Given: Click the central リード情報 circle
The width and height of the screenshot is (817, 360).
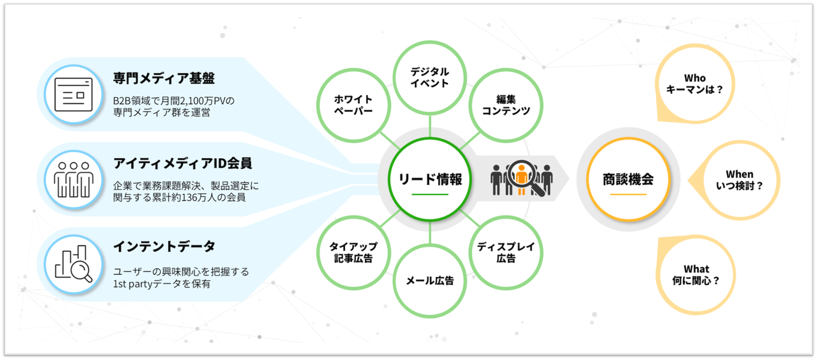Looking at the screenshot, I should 430,179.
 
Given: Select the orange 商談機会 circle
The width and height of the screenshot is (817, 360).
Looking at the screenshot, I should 628,179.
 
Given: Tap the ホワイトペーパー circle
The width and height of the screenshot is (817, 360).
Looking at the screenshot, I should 353,105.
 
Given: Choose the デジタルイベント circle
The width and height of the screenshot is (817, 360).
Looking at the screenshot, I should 429,78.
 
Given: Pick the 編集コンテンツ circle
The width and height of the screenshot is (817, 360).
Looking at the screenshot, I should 506,105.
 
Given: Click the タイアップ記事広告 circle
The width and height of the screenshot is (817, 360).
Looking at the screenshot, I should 353,253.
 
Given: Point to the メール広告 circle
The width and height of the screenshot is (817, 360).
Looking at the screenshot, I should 430,281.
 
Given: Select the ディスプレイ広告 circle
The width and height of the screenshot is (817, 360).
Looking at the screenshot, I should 506,253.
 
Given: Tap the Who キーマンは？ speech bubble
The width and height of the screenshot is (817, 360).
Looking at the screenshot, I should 694,84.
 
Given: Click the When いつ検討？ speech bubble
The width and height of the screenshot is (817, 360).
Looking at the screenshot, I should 740,180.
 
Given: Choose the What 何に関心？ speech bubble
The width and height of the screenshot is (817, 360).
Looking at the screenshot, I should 696,275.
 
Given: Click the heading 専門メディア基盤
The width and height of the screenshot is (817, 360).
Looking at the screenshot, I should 164,78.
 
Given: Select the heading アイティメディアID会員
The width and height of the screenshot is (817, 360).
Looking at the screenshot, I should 182,163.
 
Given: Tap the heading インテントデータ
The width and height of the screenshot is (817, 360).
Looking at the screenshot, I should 164,246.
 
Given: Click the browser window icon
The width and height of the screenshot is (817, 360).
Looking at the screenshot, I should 74,94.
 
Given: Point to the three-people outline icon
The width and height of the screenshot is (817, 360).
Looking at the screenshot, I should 74,180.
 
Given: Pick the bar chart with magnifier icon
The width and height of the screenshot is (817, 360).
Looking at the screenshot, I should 74,264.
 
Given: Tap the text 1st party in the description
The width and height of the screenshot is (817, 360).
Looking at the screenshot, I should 133,284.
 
